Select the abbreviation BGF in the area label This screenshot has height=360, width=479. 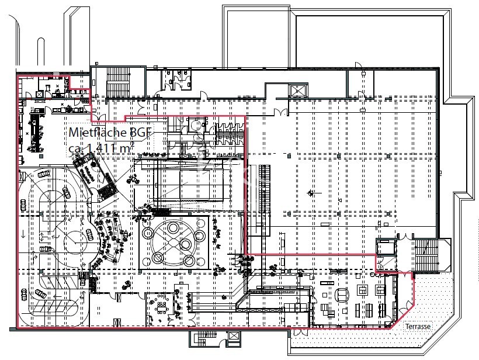(140, 131)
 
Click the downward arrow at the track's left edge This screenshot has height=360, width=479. (23, 234)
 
